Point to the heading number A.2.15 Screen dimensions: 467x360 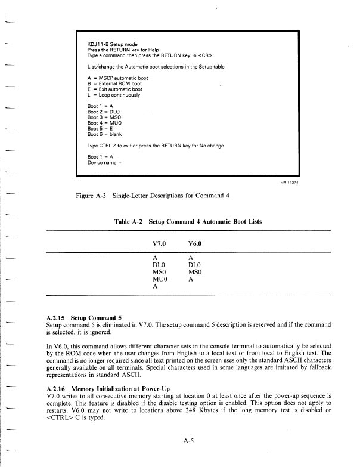tap(57, 317)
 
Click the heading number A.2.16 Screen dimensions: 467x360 tap(57, 389)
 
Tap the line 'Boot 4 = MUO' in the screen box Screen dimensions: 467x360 tap(104, 123)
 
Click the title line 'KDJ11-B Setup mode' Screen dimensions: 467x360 tap(113, 44)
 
